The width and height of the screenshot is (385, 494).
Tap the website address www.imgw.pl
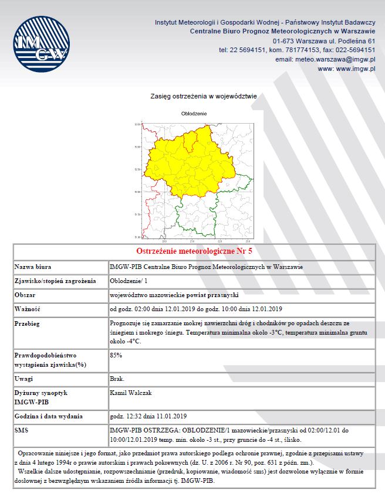346,69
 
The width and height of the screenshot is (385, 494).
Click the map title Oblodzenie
192,113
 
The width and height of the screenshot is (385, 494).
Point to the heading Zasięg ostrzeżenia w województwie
203,96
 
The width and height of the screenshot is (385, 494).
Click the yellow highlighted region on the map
188,167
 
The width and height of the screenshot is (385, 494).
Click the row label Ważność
28,309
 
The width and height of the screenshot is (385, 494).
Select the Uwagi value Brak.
117,379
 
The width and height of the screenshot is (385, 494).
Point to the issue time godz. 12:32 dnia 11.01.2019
147,417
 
